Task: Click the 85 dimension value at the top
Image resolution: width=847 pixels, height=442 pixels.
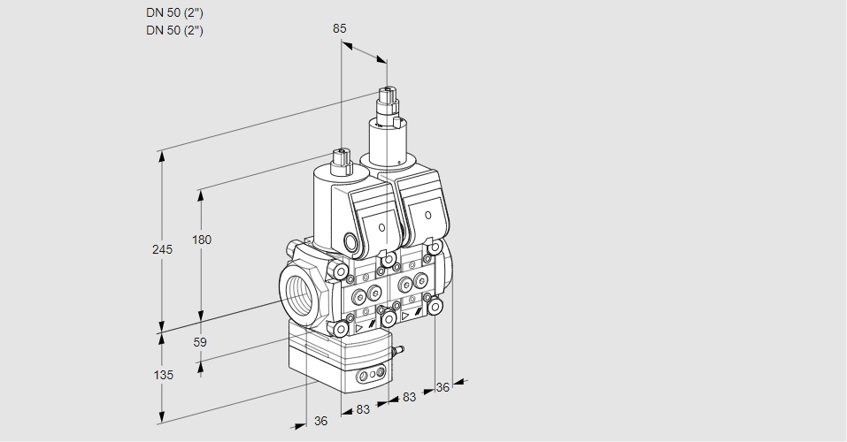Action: pos(339,28)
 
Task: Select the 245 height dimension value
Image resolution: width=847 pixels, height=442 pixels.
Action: pos(162,250)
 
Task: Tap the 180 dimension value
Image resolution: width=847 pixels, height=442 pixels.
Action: pos(203,240)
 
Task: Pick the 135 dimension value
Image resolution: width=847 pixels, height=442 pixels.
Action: pos(163,375)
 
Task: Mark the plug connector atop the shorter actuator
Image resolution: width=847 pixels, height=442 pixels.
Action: pos(341,159)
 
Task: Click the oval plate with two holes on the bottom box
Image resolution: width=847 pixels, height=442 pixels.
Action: pos(369,378)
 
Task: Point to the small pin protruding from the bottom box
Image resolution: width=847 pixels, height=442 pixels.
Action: pos(398,352)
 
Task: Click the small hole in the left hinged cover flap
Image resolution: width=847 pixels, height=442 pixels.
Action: pos(382,227)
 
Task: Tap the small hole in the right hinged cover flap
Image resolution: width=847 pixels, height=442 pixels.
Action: pos(428,214)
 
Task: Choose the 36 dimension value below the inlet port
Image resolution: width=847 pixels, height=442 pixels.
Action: pos(320,421)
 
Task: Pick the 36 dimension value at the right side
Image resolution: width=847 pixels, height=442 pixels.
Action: pos(443,386)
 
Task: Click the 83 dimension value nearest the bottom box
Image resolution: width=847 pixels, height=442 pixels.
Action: pos(363,410)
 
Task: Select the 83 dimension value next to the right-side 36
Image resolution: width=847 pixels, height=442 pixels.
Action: pos(409,398)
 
